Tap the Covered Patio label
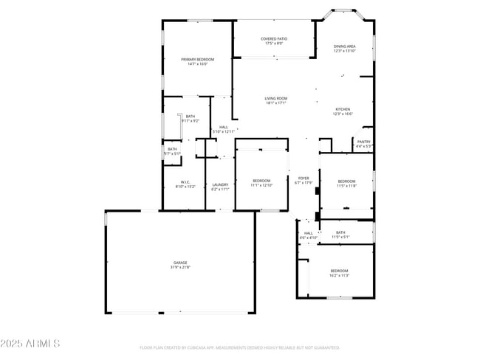click(x=274, y=39)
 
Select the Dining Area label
click(x=344, y=46)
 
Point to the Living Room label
click(x=275, y=98)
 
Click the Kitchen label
click(x=343, y=109)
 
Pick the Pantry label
click(x=364, y=142)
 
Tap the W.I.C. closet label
click(x=186, y=182)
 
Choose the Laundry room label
click(x=220, y=184)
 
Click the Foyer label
click(x=304, y=178)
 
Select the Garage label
click(x=181, y=263)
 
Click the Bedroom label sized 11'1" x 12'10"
click(x=262, y=181)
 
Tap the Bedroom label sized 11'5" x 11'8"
click(x=346, y=181)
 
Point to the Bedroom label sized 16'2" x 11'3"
click(x=340, y=271)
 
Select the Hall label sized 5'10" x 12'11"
click(x=224, y=127)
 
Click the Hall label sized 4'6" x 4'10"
click(x=308, y=233)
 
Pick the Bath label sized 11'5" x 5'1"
click(x=340, y=232)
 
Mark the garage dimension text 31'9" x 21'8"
click(x=181, y=267)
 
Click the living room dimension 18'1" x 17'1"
click(x=275, y=103)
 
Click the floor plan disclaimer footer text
click(x=239, y=347)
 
